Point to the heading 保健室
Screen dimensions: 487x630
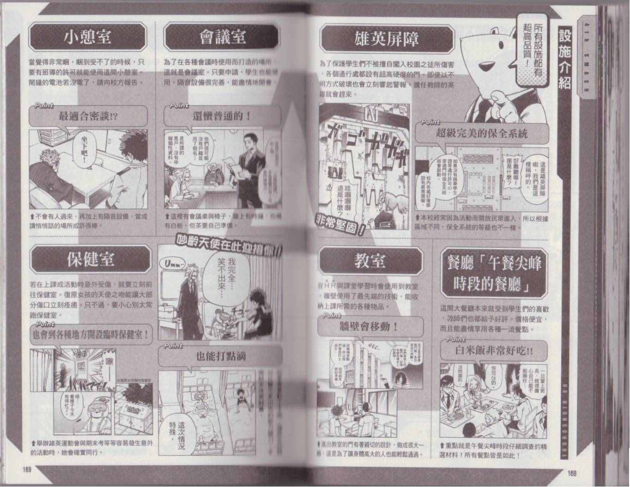(90, 260)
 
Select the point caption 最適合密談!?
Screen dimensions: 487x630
(88, 117)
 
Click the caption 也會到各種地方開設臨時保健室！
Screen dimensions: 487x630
(90, 334)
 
